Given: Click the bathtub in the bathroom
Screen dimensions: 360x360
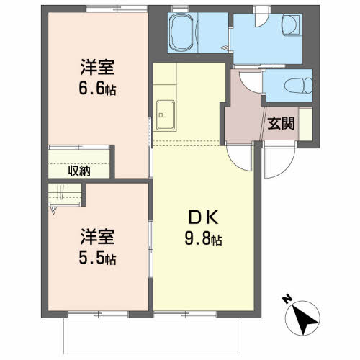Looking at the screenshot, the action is coord(181,32).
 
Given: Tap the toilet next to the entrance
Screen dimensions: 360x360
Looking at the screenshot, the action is coord(298,86).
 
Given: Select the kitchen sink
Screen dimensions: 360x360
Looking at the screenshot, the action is coord(166,115).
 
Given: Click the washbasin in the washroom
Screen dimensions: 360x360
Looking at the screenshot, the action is coord(292,24).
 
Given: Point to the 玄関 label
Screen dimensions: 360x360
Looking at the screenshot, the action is coord(281,124).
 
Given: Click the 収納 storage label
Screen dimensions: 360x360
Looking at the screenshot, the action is coord(79,171).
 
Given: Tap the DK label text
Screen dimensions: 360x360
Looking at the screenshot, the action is coord(203,217).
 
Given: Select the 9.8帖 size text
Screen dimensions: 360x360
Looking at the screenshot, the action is coord(203,238).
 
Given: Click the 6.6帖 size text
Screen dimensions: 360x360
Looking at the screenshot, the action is coord(97,89).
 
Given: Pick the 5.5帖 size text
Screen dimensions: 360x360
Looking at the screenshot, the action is coord(97,258).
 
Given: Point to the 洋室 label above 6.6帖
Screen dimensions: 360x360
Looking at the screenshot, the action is coord(97,68).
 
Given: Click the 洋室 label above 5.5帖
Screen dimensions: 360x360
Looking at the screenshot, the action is coord(97,237).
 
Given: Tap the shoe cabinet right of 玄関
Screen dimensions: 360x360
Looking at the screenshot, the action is coord(305,124).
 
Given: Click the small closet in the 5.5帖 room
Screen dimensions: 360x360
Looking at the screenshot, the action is coord(65,194).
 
